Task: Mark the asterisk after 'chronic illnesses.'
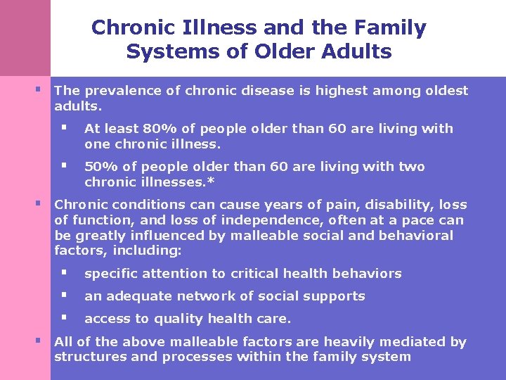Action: (214, 182)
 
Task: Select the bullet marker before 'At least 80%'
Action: (63, 128)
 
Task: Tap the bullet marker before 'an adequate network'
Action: (63, 295)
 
